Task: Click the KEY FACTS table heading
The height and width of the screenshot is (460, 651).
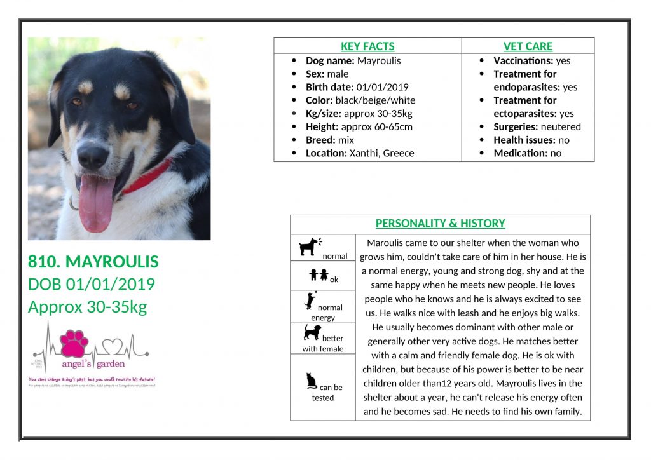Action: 367,46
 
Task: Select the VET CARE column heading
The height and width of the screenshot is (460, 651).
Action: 528,46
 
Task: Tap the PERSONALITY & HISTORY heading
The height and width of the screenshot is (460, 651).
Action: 440,224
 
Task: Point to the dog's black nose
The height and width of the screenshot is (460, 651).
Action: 93,154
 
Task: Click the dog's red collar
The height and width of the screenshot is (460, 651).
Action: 147,176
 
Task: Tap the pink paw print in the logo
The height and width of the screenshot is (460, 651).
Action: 74,344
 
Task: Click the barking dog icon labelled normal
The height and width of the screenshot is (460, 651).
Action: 310,247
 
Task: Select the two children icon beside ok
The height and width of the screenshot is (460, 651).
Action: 319,275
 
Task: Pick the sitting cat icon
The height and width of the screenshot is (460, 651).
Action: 312,381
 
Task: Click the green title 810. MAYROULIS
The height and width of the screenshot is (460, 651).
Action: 93,262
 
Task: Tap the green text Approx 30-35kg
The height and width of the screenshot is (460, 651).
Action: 87,307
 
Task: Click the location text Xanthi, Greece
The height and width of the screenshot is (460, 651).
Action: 381,153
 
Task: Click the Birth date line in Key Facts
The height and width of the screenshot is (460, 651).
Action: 357,87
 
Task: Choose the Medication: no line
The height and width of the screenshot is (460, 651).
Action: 527,153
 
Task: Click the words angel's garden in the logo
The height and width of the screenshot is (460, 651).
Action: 93,364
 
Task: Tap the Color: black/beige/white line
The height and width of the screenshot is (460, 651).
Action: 360,100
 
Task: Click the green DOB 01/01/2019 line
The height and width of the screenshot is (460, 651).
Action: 92,285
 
